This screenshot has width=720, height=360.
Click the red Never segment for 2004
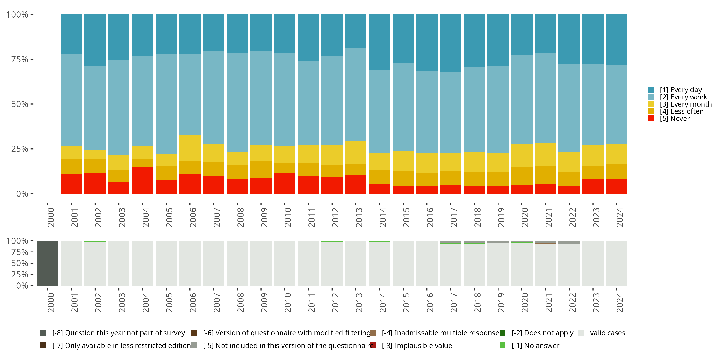click(x=142, y=180)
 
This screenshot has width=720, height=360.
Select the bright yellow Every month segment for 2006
click(x=190, y=148)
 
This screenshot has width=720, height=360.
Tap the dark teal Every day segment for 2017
click(x=450, y=43)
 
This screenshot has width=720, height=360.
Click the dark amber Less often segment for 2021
click(x=545, y=174)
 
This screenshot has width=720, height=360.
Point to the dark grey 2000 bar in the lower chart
click(x=48, y=263)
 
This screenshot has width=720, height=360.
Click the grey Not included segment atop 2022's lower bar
click(x=569, y=242)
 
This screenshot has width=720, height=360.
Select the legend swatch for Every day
click(x=651, y=90)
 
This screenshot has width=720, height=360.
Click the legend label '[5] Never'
click(x=675, y=119)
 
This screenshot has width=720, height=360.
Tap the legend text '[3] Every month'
click(x=686, y=104)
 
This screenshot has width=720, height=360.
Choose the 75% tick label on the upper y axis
click(x=20, y=60)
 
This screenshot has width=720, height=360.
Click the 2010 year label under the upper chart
click(x=288, y=217)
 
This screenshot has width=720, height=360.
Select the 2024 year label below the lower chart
click(x=619, y=302)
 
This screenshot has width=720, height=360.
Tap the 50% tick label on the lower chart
click(x=20, y=263)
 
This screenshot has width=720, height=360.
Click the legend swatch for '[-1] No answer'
click(x=502, y=345)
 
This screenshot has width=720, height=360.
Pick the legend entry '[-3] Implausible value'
click(x=417, y=345)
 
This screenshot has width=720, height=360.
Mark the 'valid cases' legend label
click(x=607, y=333)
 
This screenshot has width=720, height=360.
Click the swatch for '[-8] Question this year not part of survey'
click(x=43, y=333)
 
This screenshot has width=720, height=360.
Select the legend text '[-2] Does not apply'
click(x=542, y=333)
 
